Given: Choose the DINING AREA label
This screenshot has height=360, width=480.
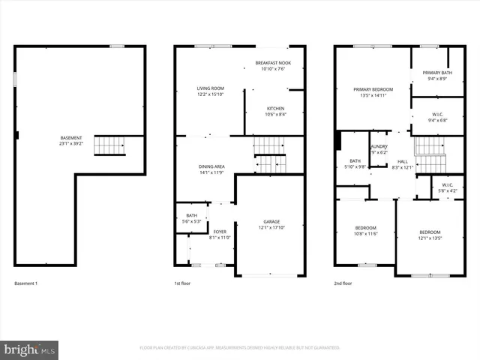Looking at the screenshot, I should click(211, 169).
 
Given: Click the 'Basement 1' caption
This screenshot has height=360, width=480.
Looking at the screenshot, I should click(25, 283).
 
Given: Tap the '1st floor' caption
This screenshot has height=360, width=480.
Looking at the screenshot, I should click(182, 283).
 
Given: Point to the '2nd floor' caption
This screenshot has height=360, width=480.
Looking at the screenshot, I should click(343, 283).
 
